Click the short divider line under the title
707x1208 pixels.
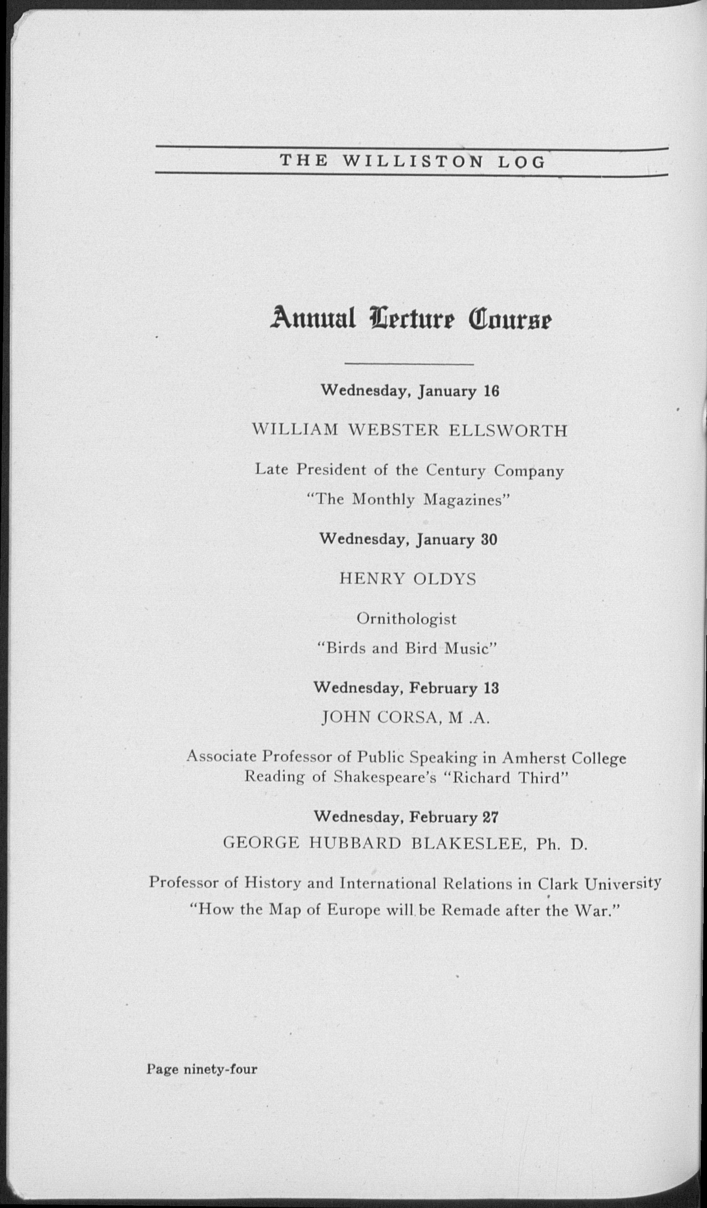[409, 365]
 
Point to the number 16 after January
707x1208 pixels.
[491, 391]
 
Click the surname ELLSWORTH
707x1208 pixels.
[508, 430]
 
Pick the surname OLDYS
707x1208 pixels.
[445, 579]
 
